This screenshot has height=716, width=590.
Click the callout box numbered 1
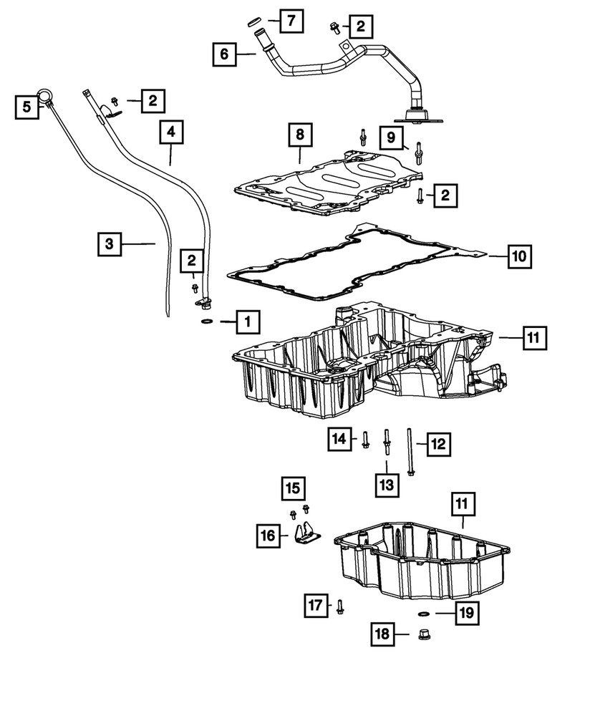click(x=247, y=322)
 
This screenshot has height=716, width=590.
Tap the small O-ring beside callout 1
click(x=206, y=322)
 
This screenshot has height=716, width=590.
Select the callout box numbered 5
click(x=26, y=107)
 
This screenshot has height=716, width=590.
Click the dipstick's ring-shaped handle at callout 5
click(x=46, y=93)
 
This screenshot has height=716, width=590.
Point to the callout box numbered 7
click(x=291, y=22)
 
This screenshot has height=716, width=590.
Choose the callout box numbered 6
click(x=225, y=54)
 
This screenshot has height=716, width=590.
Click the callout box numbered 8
click(x=301, y=135)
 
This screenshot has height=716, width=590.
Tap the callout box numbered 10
click(x=521, y=255)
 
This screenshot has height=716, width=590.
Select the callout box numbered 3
click(x=110, y=244)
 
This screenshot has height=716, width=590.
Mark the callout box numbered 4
click(x=172, y=132)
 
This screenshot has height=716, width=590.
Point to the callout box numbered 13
click(x=387, y=485)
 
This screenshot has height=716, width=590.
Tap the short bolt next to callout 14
click(x=365, y=439)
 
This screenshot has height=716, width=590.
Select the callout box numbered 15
click(x=292, y=489)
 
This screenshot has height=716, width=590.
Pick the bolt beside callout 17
click(x=340, y=606)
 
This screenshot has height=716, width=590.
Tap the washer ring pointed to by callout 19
click(x=422, y=613)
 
